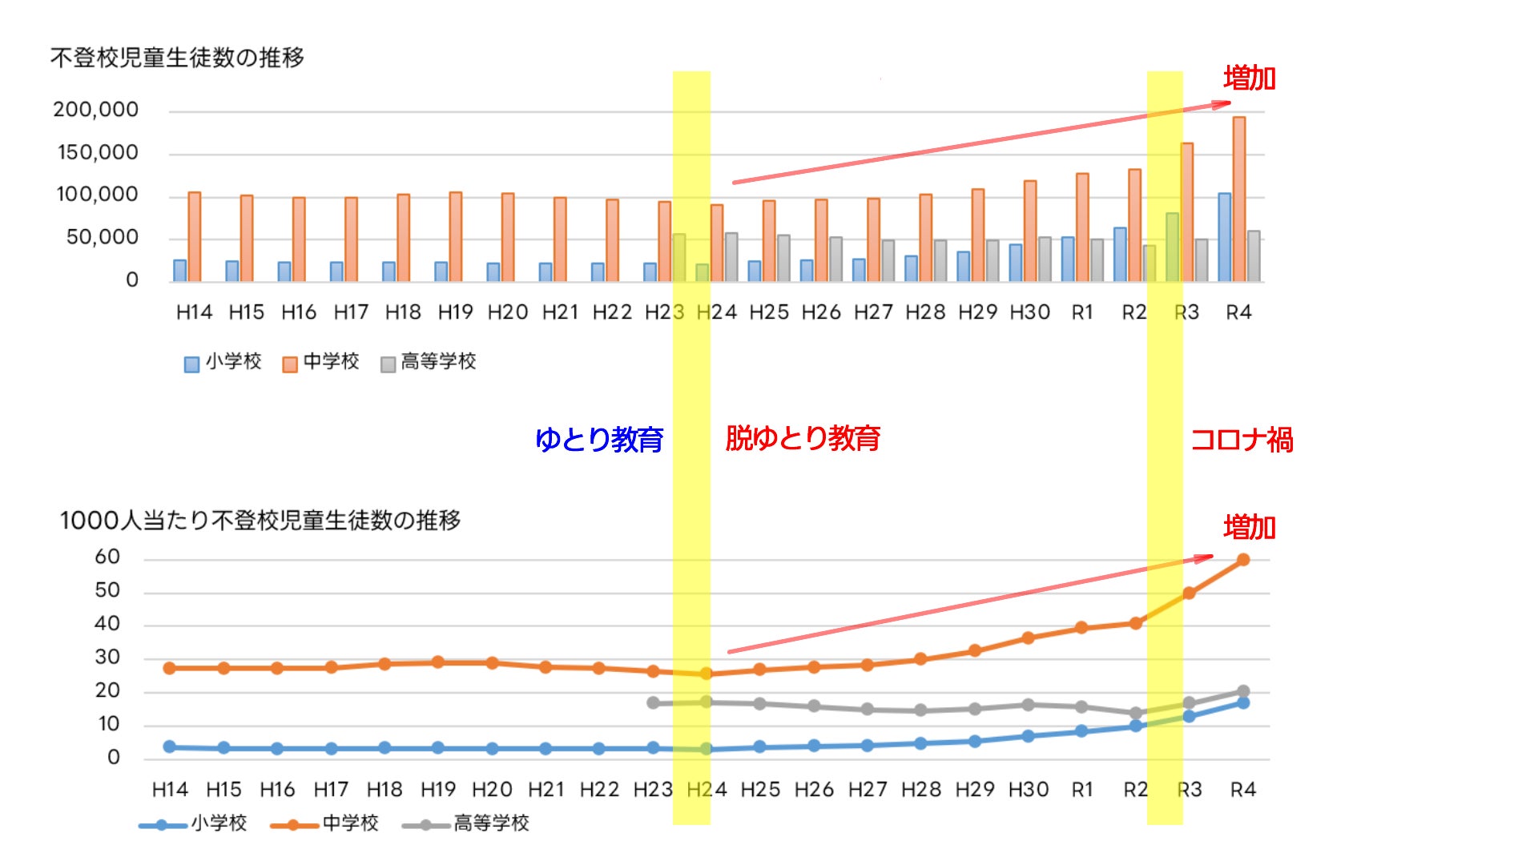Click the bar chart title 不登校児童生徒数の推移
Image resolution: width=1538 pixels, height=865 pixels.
pyautogui.click(x=177, y=58)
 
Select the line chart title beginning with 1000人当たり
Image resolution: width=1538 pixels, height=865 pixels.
pyautogui.click(x=260, y=521)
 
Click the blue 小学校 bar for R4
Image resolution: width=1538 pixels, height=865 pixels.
pyautogui.click(x=1224, y=237)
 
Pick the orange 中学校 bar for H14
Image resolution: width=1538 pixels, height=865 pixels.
pyautogui.click(x=195, y=236)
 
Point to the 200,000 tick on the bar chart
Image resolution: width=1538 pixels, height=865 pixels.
pyautogui.click(x=95, y=110)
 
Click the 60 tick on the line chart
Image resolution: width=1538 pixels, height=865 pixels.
pyautogui.click(x=107, y=557)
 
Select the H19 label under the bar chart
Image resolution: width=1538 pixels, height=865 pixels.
pyautogui.click(x=455, y=312)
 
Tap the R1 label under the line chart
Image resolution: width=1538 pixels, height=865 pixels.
pyautogui.click(x=1082, y=790)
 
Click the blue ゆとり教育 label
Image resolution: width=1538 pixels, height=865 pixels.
pyautogui.click(x=599, y=440)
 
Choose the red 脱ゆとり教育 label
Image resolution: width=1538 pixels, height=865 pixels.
pyautogui.click(x=803, y=438)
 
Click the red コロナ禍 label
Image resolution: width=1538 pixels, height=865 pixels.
pyautogui.click(x=1242, y=440)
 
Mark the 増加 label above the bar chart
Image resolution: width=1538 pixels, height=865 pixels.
pyautogui.click(x=1249, y=78)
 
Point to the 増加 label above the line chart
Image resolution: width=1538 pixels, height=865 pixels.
pyautogui.click(x=1249, y=528)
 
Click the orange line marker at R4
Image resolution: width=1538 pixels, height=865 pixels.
pyautogui.click(x=1243, y=560)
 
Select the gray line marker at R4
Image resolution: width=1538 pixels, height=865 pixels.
pyautogui.click(x=1243, y=691)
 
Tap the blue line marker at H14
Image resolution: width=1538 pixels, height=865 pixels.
pyautogui.click(x=170, y=746)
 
